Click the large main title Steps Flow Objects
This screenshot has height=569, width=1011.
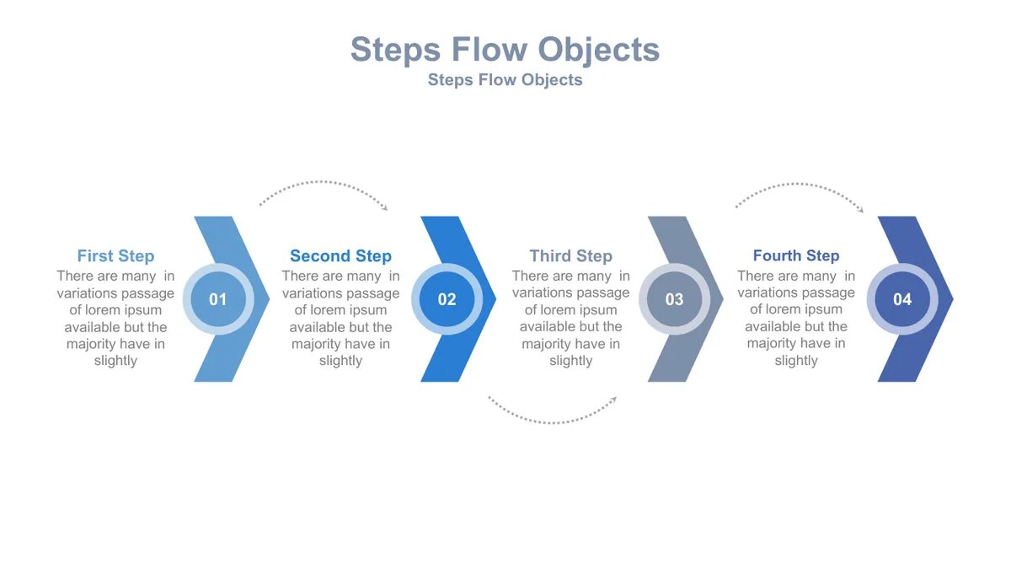pyautogui.click(x=505, y=50)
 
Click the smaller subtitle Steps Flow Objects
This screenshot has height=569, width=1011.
pyautogui.click(x=505, y=80)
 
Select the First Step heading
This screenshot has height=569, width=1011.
pyautogui.click(x=115, y=256)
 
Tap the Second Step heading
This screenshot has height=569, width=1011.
pyautogui.click(x=340, y=256)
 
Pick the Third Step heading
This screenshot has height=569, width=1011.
pyautogui.click(x=571, y=256)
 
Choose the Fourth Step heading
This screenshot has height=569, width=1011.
pyautogui.click(x=796, y=255)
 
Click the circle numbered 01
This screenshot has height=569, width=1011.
pyautogui.click(x=218, y=299)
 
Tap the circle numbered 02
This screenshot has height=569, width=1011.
pyautogui.click(x=447, y=299)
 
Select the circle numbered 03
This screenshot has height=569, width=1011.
pyautogui.click(x=674, y=299)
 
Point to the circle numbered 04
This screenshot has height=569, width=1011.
pyautogui.click(x=902, y=299)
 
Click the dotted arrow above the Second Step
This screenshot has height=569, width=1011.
pyautogui.click(x=321, y=182)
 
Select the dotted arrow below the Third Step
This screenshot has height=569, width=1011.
pyautogui.click(x=553, y=422)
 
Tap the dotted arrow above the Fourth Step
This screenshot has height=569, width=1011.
pyautogui.click(x=799, y=184)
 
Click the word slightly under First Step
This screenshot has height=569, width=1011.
pyautogui.click(x=115, y=361)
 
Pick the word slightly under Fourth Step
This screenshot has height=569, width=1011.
pyautogui.click(x=796, y=361)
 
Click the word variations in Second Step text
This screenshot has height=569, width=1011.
pyautogui.click(x=310, y=293)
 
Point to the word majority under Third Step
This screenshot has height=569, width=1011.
pyautogui.click(x=545, y=344)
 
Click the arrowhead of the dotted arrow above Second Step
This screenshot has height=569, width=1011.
pyautogui.click(x=385, y=207)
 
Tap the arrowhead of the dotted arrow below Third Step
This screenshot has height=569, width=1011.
pyautogui.click(x=614, y=400)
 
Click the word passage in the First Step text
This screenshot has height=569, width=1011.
pyautogui.click(x=147, y=294)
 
